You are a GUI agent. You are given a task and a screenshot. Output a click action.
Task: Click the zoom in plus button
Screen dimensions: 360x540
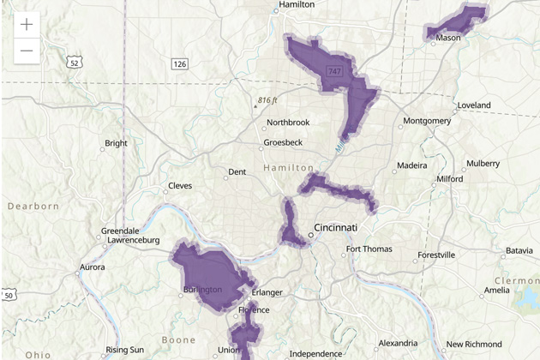[x=27, y=25]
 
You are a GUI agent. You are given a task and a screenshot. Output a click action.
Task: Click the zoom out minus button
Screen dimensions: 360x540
[x=27, y=51]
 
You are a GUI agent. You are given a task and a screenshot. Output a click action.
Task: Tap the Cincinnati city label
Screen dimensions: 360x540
[x=335, y=228]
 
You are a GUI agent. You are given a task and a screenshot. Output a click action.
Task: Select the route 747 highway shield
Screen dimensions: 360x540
[x=333, y=71]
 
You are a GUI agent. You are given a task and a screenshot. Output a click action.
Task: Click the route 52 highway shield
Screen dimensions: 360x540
[x=75, y=62]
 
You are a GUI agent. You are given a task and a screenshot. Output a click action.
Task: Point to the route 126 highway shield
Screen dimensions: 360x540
[x=179, y=64]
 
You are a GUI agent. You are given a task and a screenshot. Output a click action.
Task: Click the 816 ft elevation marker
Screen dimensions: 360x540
[x=267, y=100]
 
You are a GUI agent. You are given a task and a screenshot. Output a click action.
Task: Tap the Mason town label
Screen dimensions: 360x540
[x=448, y=38]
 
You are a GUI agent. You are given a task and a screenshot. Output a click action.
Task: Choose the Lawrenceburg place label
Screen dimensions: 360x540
[x=129, y=241]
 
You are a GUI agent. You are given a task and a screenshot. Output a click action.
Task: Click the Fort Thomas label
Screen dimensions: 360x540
[x=369, y=249]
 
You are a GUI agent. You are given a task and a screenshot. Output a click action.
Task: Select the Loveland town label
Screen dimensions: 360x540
[x=473, y=105]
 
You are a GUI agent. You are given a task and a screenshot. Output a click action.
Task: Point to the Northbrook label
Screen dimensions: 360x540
[x=288, y=123]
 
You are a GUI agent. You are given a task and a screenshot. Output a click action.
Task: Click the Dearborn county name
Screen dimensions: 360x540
[x=33, y=207]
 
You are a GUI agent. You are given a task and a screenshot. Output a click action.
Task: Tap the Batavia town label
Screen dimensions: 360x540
[x=519, y=250]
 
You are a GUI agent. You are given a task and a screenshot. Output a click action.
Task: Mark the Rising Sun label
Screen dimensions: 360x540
[x=125, y=350]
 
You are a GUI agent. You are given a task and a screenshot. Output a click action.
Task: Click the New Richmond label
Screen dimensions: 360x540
[x=473, y=345]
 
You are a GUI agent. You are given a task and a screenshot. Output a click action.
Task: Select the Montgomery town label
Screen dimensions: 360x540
[x=427, y=121]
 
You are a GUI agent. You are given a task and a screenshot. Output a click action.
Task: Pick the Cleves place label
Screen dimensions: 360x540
[x=180, y=185]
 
